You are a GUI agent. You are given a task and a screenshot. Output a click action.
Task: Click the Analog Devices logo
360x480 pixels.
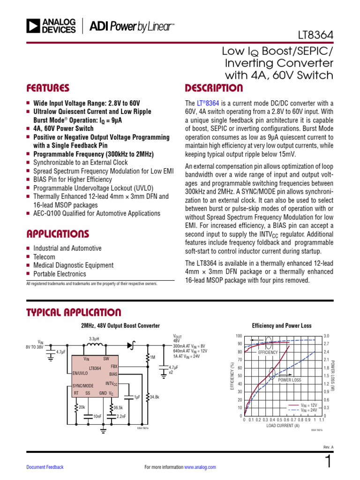(x=51, y=26)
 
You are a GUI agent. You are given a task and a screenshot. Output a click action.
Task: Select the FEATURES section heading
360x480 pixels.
(x=48, y=88)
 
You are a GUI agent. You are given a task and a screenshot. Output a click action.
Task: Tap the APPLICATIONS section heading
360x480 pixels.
(x=58, y=233)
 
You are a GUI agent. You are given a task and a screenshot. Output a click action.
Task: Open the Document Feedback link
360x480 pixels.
(x=45, y=467)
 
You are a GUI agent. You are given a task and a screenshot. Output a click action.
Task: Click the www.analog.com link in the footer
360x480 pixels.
(x=200, y=467)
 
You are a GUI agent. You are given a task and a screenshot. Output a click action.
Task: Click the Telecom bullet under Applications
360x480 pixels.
(x=44, y=257)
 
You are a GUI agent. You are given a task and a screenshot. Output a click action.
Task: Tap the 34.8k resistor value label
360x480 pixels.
(x=154, y=397)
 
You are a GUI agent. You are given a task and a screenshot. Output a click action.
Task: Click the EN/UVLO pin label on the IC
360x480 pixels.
(x=81, y=374)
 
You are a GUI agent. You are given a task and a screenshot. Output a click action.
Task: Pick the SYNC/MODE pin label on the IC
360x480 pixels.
(x=83, y=385)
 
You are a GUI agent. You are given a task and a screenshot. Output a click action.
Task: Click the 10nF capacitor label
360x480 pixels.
(x=97, y=416)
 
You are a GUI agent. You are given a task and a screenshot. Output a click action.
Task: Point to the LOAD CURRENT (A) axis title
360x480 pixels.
(x=283, y=426)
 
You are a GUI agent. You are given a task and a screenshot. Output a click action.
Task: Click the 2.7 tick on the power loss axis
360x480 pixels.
(x=326, y=344)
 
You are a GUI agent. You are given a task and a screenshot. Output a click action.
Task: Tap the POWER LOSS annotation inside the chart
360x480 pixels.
(x=290, y=380)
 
